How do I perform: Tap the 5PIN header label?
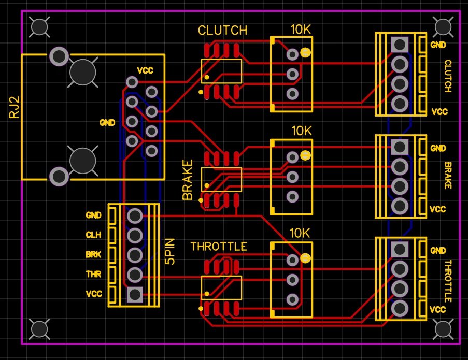click(170, 252)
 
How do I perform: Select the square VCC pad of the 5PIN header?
click(135, 294)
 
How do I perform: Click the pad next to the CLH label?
click(135, 235)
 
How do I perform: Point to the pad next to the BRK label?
click(135, 255)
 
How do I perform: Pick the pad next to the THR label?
click(135, 275)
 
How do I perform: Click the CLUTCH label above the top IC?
click(222, 31)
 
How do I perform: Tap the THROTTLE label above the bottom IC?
click(218, 247)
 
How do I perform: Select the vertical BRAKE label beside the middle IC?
click(188, 180)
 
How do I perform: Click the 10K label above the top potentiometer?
click(301, 30)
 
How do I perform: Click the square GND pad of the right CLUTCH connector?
click(399, 44)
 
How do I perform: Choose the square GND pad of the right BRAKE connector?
click(399, 147)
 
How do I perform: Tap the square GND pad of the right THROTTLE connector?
click(399, 249)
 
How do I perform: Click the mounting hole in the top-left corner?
click(40, 26)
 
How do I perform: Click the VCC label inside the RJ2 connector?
click(145, 70)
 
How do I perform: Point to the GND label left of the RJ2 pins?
click(107, 123)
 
